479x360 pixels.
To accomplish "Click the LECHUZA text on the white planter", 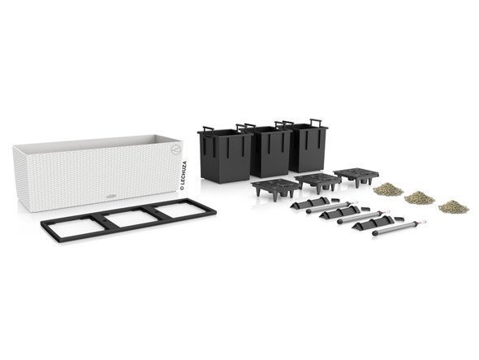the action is [183, 176].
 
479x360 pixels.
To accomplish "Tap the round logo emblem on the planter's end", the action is [176, 150].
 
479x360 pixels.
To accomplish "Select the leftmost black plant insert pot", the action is [225, 154].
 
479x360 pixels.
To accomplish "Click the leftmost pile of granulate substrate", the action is [388, 189].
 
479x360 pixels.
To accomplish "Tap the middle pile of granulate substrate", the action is [419, 197].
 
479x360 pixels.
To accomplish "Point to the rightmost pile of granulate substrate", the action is [454, 206].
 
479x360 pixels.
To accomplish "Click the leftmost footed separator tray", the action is [275, 189].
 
